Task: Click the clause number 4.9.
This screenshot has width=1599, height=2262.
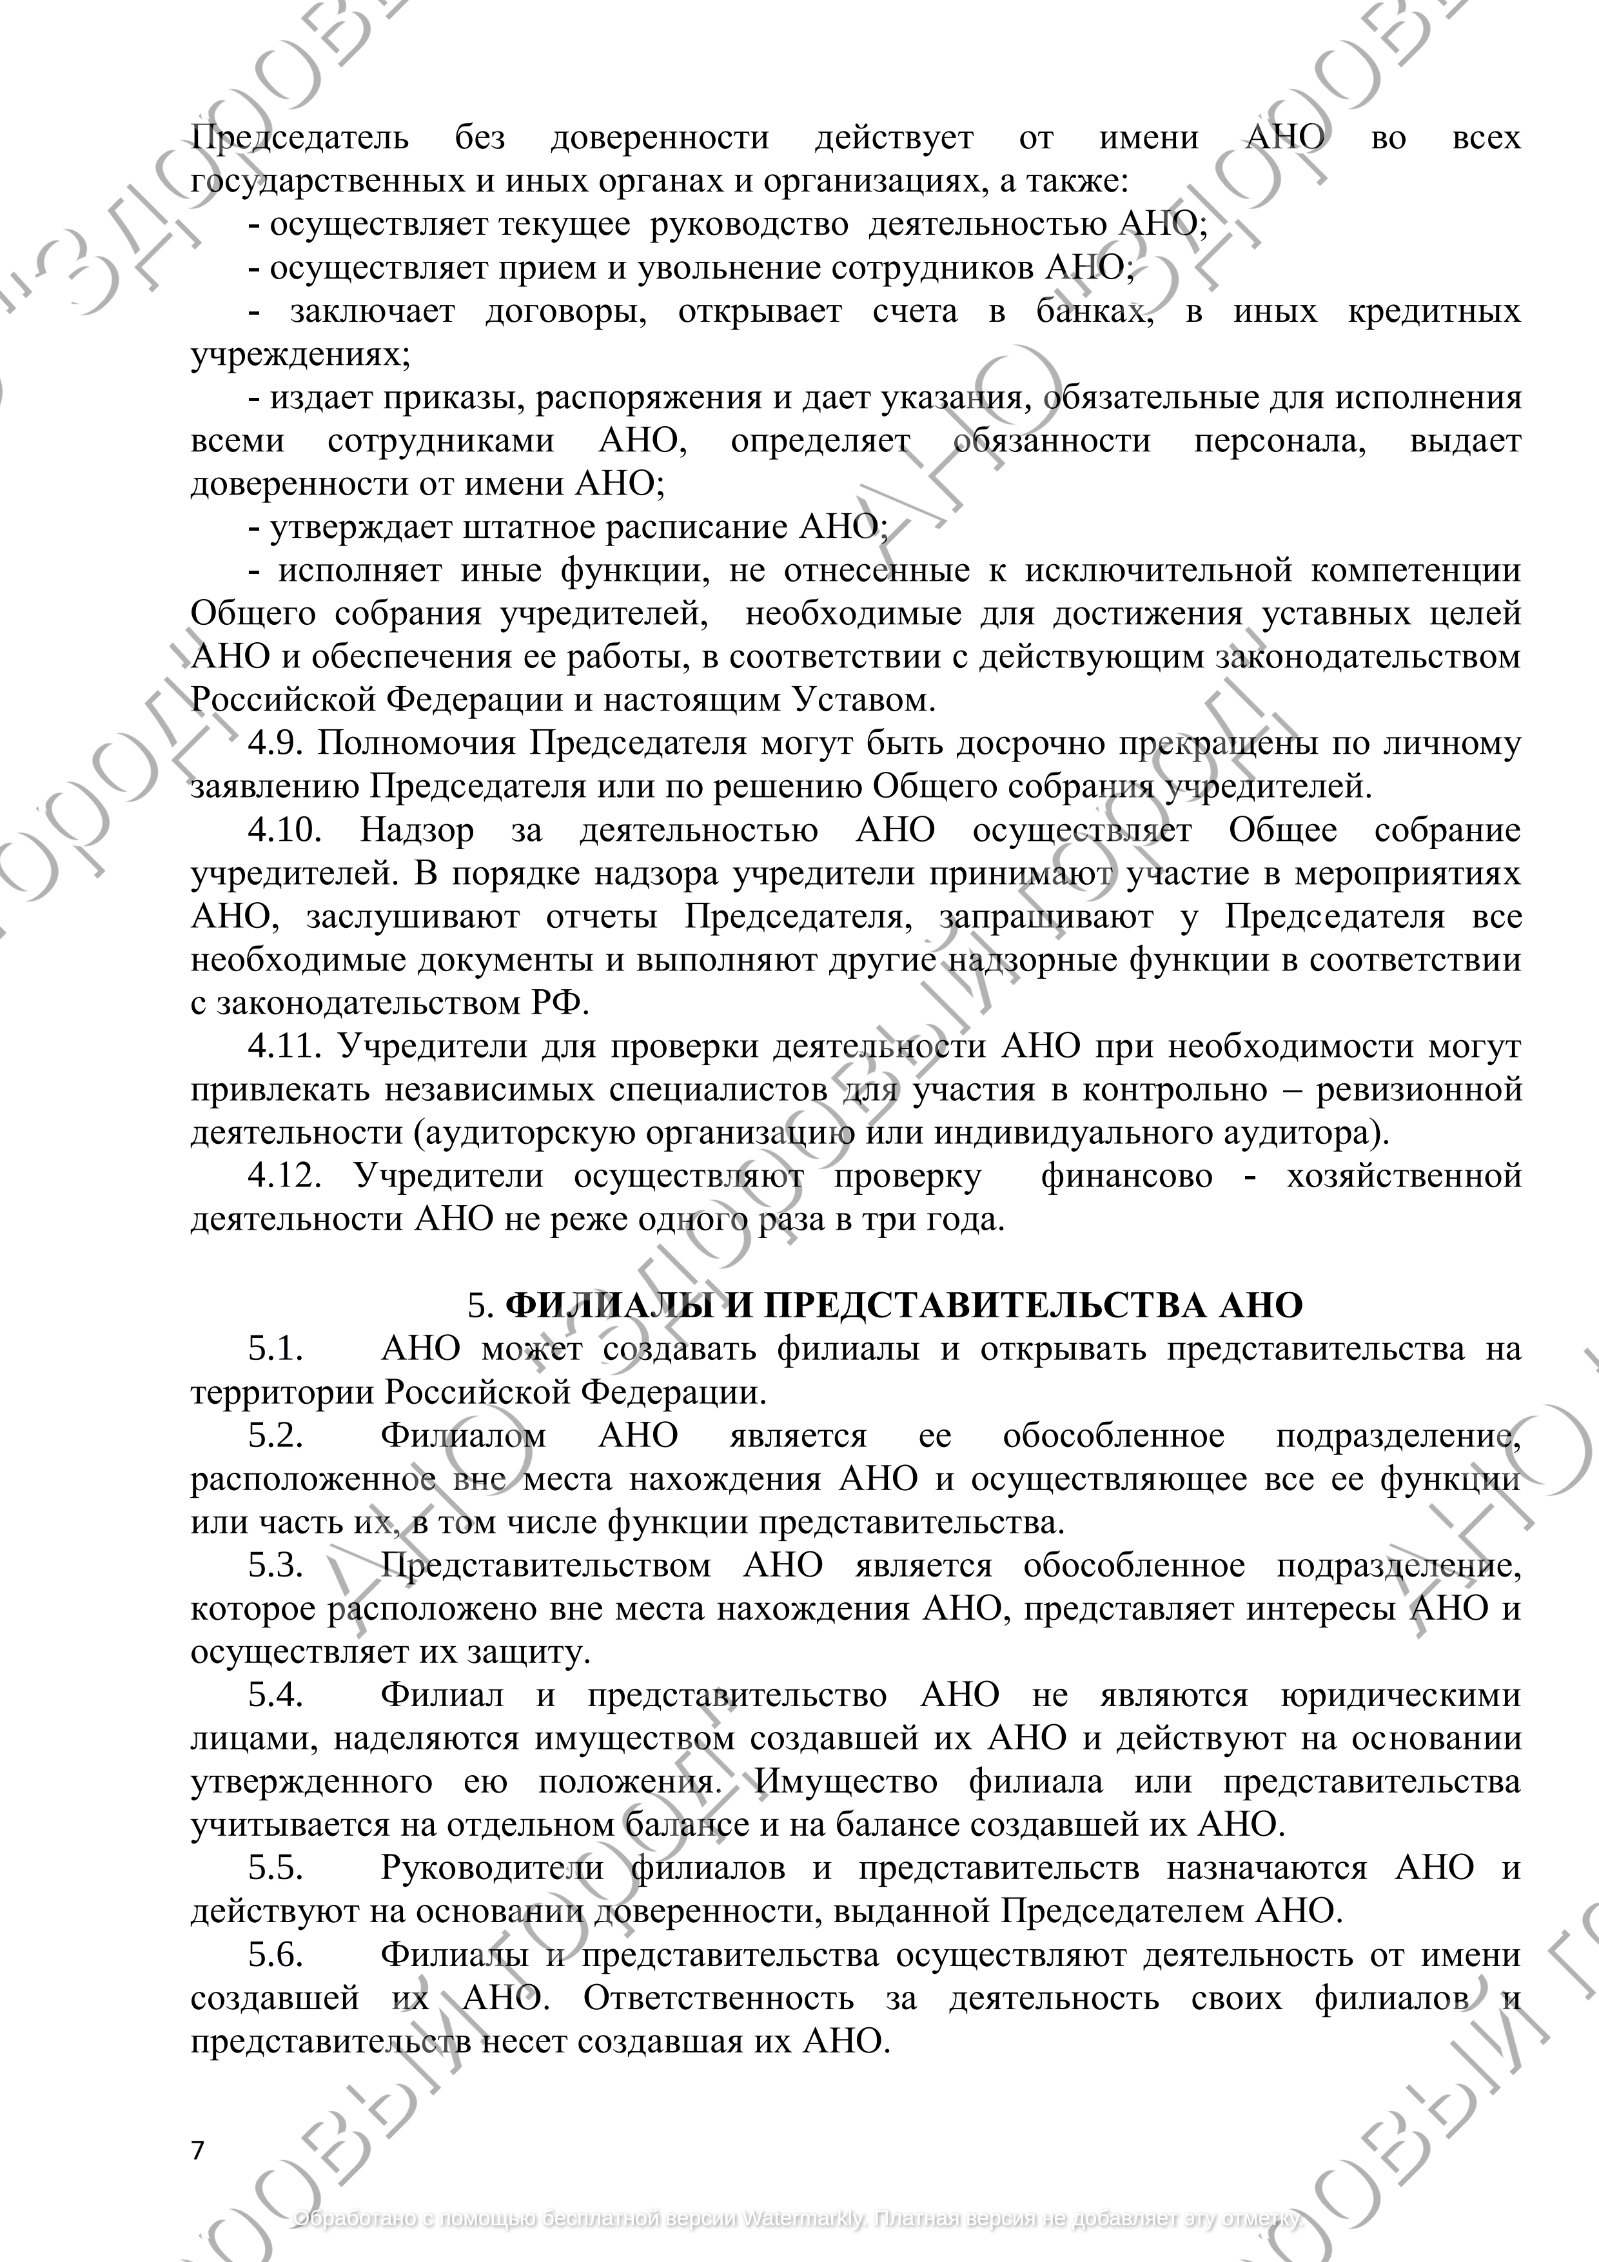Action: [276, 744]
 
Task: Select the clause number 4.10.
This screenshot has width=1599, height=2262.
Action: [285, 831]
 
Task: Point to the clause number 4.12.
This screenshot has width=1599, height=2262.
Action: [285, 1176]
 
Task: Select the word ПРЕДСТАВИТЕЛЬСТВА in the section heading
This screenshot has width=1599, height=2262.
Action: [985, 1305]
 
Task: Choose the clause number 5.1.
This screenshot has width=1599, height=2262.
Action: [276, 1349]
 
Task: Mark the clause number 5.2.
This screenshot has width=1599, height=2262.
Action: [276, 1435]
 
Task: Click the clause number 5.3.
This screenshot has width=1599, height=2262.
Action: [276, 1566]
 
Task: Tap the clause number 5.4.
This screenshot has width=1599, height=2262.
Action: [276, 1695]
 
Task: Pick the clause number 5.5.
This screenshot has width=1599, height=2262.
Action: [276, 1868]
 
